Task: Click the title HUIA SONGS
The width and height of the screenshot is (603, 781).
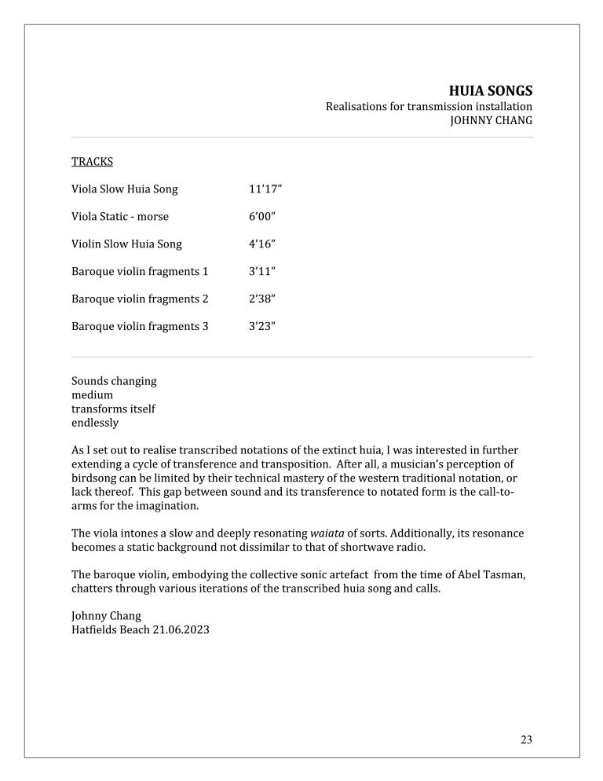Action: click(x=490, y=90)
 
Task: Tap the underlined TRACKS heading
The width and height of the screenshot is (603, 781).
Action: click(x=92, y=162)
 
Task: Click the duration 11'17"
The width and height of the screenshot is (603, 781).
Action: click(x=265, y=189)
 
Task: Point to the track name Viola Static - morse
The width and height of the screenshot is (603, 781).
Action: click(x=120, y=217)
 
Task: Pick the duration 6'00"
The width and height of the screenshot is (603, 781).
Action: click(x=262, y=217)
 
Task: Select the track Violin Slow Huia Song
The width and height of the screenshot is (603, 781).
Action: click(x=126, y=244)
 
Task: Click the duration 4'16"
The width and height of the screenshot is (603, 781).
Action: click(x=262, y=244)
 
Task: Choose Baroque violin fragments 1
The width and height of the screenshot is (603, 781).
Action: click(x=140, y=272)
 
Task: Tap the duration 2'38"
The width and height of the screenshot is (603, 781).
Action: click(x=262, y=299)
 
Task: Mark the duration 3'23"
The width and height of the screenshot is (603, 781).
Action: click(x=262, y=327)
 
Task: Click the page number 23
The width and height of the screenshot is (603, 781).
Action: click(x=526, y=739)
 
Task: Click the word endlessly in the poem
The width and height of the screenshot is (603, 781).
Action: click(x=95, y=423)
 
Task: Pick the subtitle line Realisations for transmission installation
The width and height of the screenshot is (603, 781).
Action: click(x=429, y=106)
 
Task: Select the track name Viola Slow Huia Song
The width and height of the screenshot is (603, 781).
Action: click(x=125, y=189)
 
